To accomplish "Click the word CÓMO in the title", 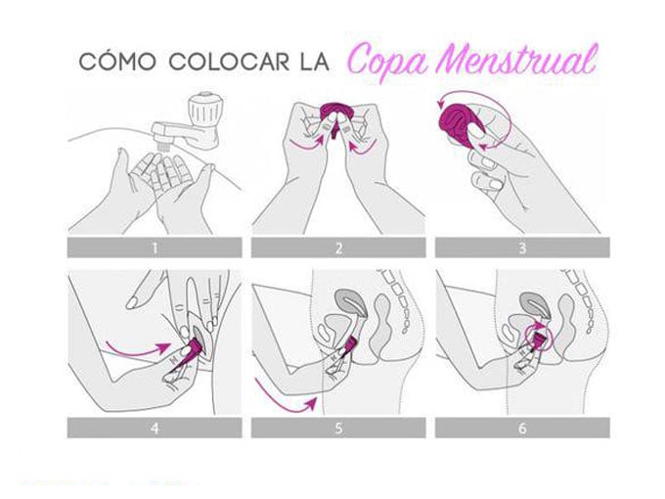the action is click(x=117, y=62).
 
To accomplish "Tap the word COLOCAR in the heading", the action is click(x=229, y=62).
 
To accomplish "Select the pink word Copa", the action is click(x=388, y=63).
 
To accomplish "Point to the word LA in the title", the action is click(x=314, y=62).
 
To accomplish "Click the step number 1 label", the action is click(x=155, y=248).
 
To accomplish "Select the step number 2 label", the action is click(x=338, y=248).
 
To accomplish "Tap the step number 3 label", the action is click(x=522, y=248).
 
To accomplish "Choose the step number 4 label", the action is click(x=155, y=429).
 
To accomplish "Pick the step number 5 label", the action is click(x=338, y=429).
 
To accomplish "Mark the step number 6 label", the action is click(x=522, y=429).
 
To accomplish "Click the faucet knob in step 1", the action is click(x=204, y=109).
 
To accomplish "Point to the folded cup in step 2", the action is click(x=334, y=113).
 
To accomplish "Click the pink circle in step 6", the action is click(x=540, y=338).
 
